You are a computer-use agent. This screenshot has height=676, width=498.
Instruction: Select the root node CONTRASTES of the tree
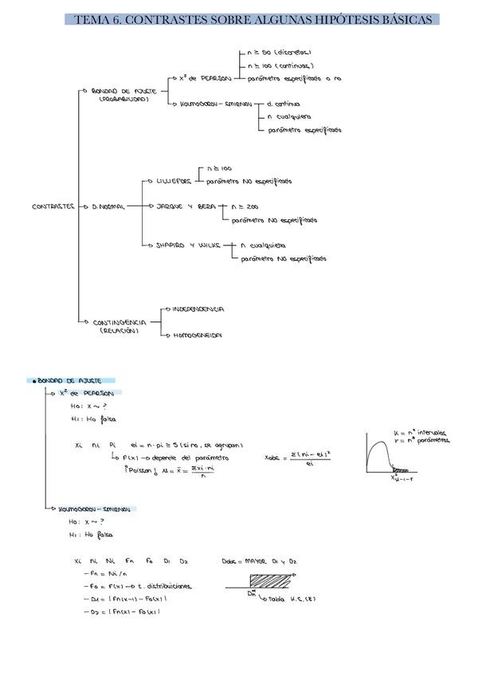coord(53,206)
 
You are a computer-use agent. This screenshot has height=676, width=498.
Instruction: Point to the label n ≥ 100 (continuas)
coord(280,65)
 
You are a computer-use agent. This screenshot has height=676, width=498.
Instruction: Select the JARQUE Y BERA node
coord(185,206)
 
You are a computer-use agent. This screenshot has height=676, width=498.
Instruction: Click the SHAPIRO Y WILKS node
coord(186,246)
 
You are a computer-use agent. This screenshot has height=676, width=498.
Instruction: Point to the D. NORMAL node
coord(108,206)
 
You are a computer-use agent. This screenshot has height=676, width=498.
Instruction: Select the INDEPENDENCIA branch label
coord(198,309)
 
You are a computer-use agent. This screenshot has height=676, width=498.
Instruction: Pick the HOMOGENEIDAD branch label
coord(197,336)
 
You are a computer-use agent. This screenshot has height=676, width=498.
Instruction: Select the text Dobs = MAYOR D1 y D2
coord(259,561)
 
